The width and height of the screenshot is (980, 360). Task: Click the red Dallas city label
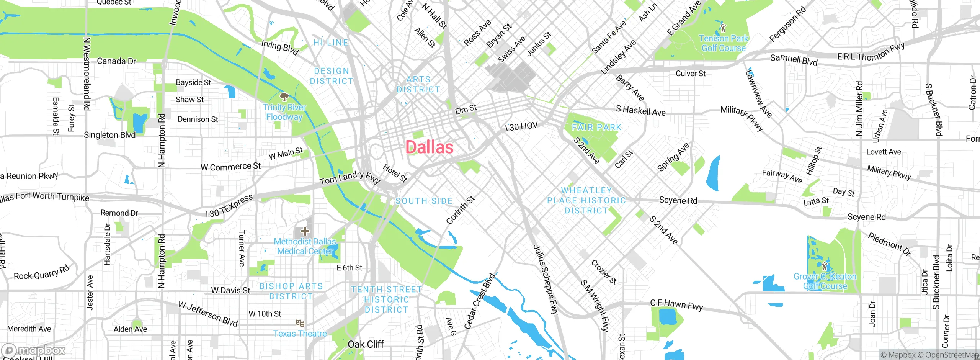click(x=430, y=147)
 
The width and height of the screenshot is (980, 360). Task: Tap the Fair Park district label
click(x=596, y=127)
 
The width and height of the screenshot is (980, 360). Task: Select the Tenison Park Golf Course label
click(x=723, y=43)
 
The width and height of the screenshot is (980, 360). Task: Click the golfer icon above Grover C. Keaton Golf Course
click(x=825, y=266)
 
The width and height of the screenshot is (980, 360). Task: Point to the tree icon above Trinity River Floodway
click(x=284, y=96)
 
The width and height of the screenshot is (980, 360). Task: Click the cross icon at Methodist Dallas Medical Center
click(x=305, y=231)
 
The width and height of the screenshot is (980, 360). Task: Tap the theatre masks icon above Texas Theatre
click(x=300, y=324)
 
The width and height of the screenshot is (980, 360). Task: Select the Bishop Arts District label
click(x=291, y=291)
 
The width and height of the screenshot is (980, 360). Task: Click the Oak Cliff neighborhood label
click(x=366, y=344)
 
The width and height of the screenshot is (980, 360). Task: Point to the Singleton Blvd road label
click(x=109, y=135)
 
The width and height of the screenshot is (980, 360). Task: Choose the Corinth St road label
click(x=461, y=210)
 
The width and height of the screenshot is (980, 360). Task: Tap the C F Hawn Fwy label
click(x=676, y=305)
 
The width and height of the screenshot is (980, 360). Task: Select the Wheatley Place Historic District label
click(x=586, y=200)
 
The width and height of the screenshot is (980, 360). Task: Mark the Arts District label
click(x=418, y=84)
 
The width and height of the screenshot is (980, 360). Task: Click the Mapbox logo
click(x=34, y=350)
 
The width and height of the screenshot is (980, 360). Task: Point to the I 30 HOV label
click(x=521, y=126)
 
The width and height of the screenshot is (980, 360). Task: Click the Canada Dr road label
click(x=116, y=61)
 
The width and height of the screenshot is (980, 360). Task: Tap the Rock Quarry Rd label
click(x=42, y=273)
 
